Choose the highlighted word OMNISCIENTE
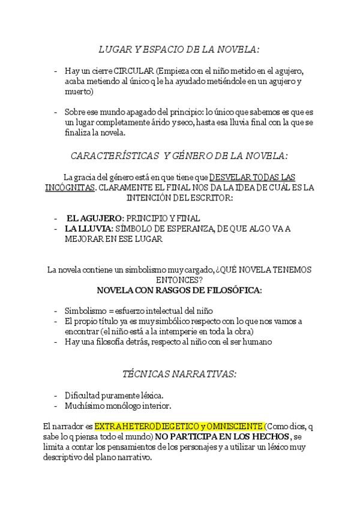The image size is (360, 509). point(234,426)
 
